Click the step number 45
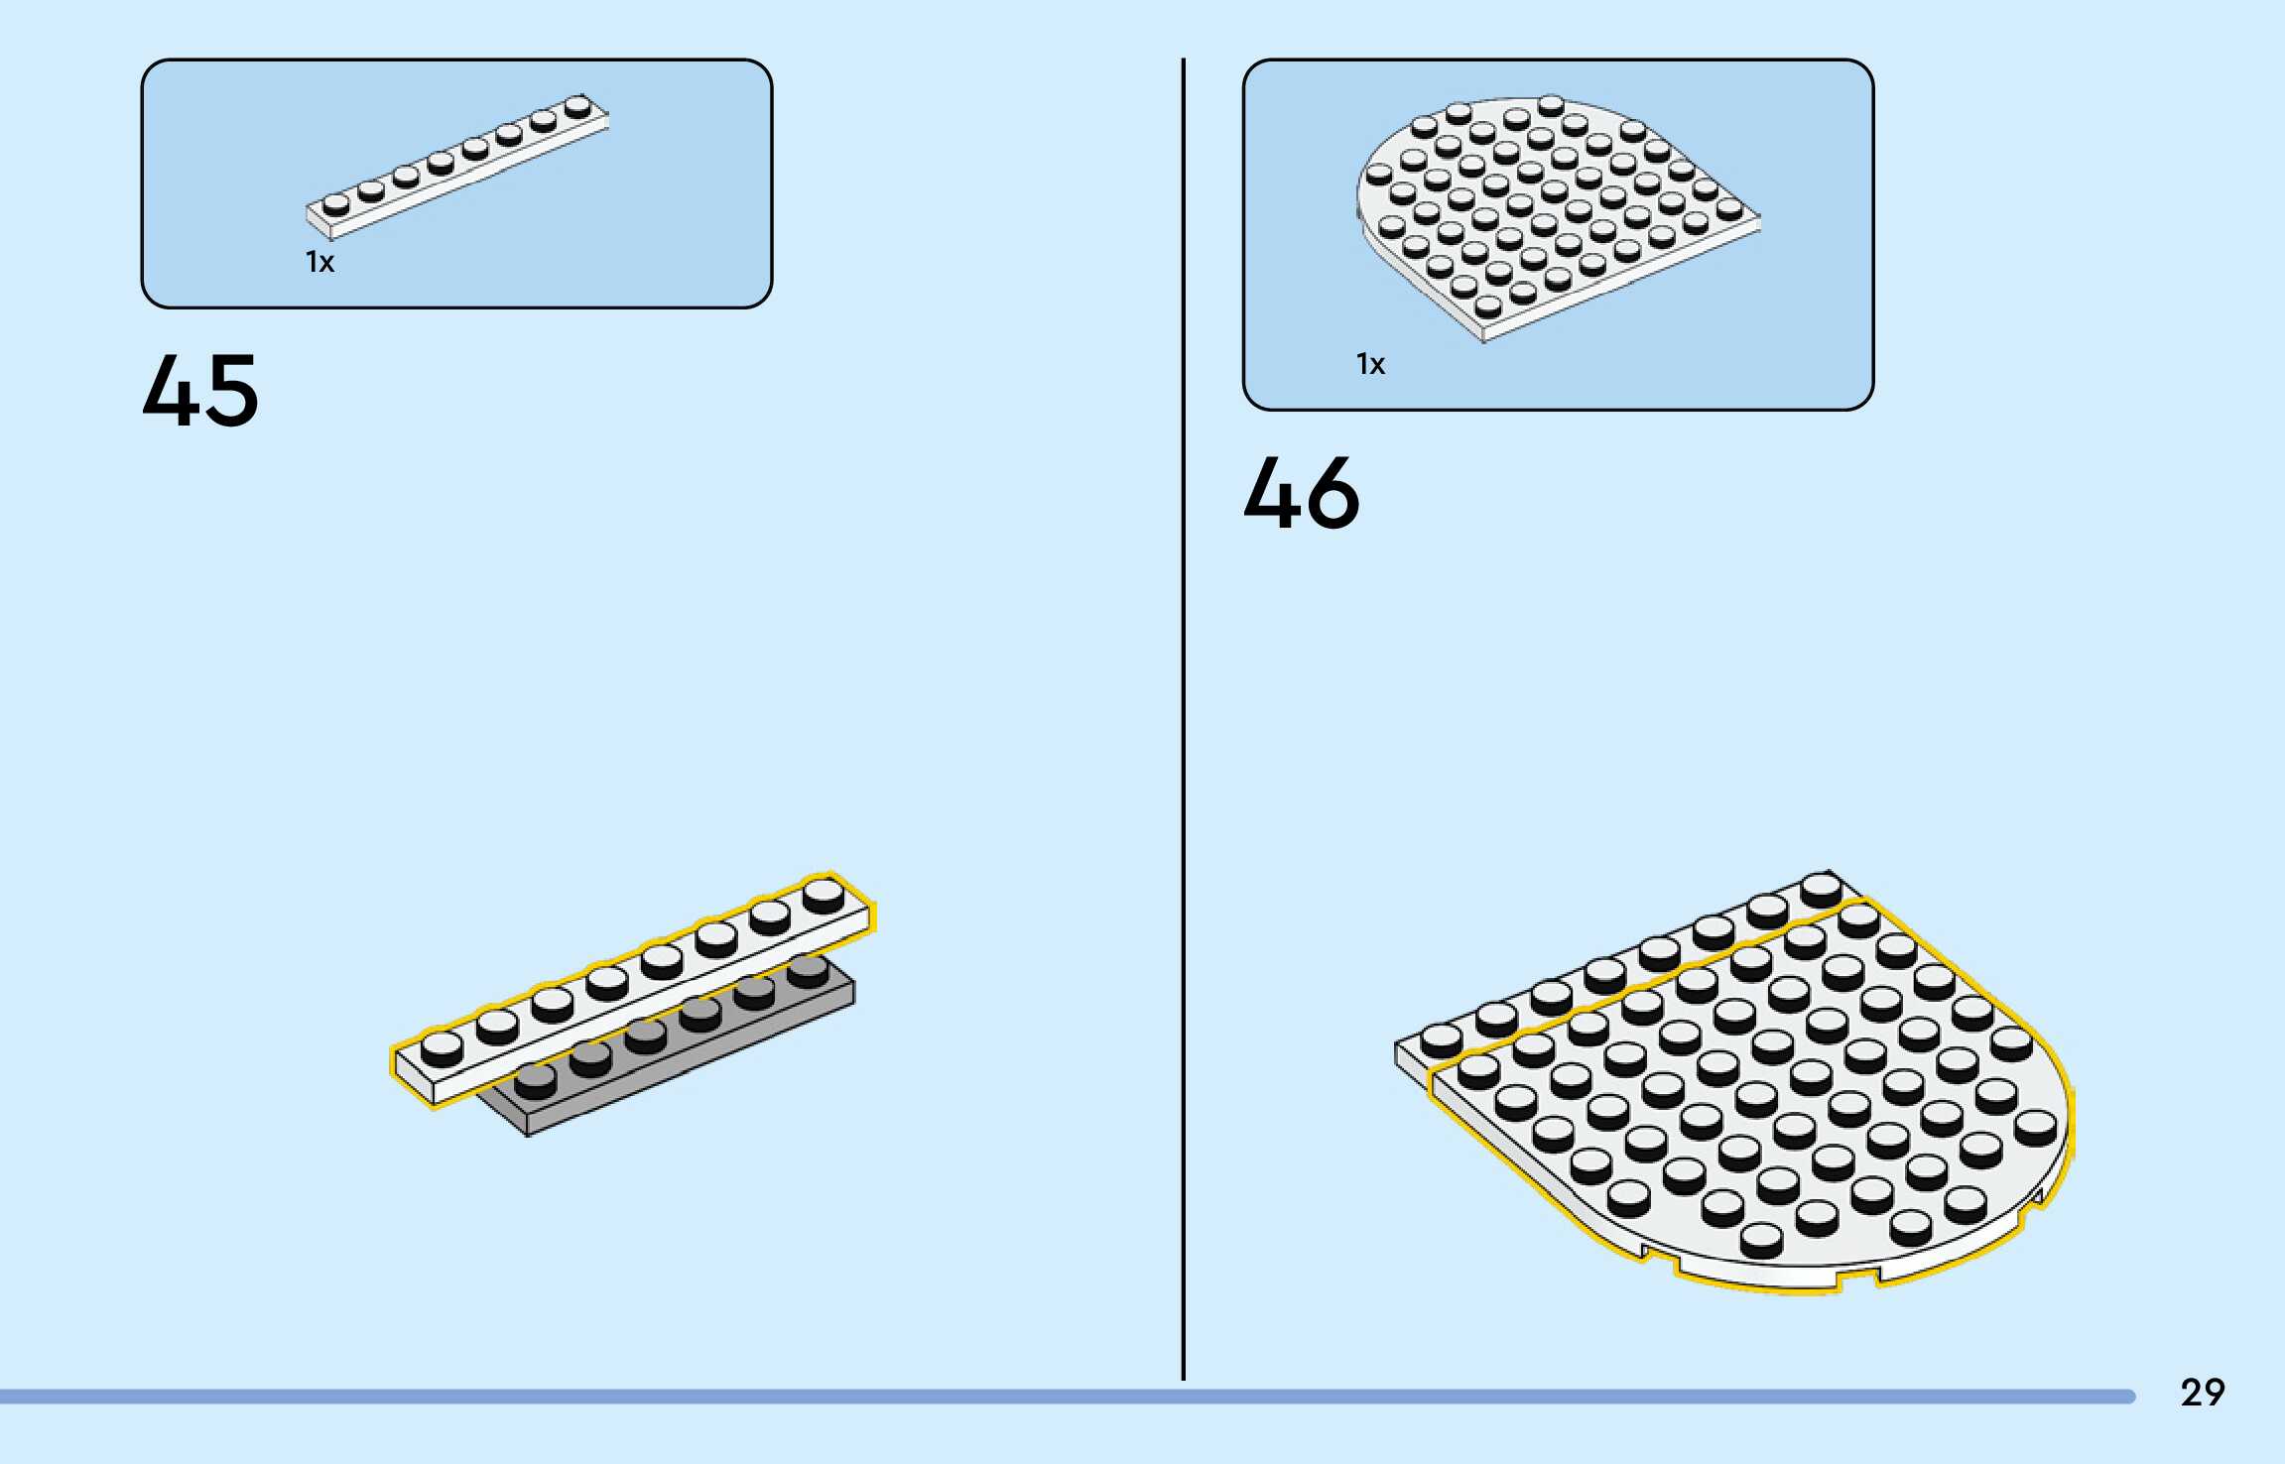[x=200, y=391]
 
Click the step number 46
[x=1301, y=493]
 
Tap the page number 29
[x=2202, y=1393]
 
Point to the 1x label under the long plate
[x=319, y=262]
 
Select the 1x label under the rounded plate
[x=1370, y=364]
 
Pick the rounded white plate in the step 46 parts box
[x=1548, y=213]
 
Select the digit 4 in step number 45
[x=171, y=391]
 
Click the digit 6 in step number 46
[x=1333, y=493]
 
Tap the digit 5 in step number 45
[x=232, y=391]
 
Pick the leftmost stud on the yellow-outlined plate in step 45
[x=442, y=1047]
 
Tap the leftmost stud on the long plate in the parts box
[x=336, y=203]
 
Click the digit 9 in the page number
[x=2214, y=1393]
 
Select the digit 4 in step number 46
[x=1271, y=493]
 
